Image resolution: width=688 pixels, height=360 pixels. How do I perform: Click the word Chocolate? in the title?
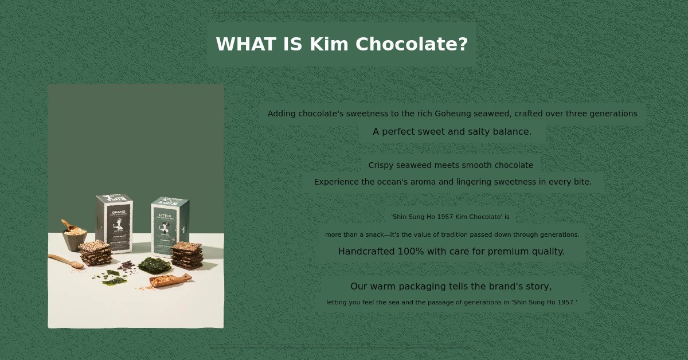coord(412,44)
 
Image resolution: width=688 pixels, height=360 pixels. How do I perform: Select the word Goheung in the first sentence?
coord(453,114)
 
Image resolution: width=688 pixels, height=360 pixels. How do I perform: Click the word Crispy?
coord(381,165)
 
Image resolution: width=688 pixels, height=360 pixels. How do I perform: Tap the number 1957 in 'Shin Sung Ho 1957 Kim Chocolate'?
coord(445,217)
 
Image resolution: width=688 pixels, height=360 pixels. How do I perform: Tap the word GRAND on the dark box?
coord(119,212)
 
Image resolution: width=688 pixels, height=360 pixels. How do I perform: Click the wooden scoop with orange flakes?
coord(170,280)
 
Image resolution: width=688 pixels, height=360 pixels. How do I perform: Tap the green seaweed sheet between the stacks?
coord(154,265)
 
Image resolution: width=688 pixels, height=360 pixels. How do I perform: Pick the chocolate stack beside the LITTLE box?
coord(187,256)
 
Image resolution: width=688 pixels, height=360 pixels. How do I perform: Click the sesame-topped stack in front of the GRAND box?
coord(96,253)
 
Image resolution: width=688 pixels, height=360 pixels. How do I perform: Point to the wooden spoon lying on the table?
coord(66,261)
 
